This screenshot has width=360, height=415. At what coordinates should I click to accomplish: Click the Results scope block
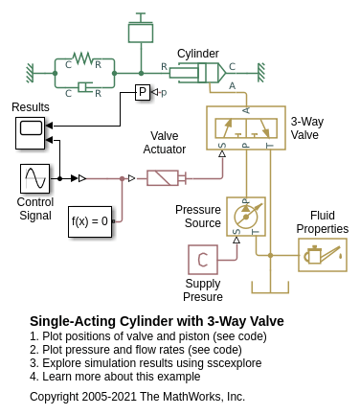[31, 133]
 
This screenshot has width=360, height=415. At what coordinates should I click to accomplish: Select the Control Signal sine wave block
[34, 178]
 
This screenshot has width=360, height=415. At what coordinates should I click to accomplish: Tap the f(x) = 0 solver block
[90, 221]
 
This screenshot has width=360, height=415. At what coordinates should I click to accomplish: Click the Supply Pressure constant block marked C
[203, 260]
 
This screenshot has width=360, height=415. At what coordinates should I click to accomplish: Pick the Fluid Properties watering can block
[323, 255]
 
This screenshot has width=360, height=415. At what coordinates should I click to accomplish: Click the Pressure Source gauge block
[246, 217]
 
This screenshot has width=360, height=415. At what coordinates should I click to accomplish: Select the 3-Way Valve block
[246, 127]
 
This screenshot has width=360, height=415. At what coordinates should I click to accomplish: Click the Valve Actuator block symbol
[166, 178]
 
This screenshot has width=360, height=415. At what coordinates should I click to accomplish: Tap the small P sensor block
[143, 92]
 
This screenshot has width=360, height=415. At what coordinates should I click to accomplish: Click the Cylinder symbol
[198, 73]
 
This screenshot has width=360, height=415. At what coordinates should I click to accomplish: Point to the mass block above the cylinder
[141, 32]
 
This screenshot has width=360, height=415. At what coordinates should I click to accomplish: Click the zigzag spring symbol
[82, 58]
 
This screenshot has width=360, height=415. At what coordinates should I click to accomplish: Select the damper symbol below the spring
[85, 87]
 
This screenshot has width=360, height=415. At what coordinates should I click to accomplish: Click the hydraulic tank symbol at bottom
[270, 288]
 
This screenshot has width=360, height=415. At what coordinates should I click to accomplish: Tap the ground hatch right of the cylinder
[261, 73]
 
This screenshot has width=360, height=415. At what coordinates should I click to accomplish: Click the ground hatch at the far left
[30, 73]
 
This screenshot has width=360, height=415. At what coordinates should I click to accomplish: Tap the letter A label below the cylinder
[232, 85]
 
